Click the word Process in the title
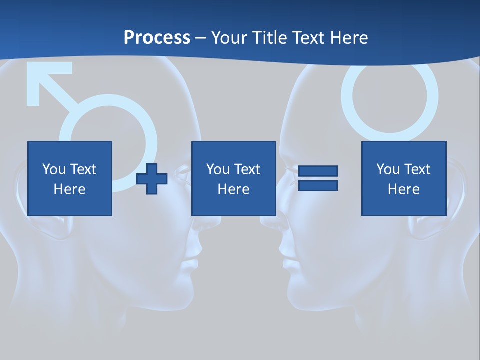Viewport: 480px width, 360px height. (157, 38)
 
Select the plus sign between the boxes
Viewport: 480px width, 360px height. (152, 179)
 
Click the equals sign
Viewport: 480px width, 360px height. (318, 178)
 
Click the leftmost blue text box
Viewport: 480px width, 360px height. (70, 178)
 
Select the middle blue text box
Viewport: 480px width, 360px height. (233, 178)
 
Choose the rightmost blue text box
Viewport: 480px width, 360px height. (403, 178)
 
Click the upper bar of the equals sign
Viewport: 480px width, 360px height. (318, 171)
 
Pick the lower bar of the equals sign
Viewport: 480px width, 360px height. (318, 186)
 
